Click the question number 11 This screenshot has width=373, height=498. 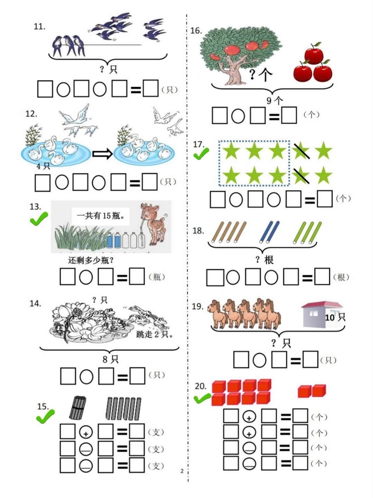coord(39,27)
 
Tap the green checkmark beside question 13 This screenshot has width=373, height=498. coord(39,218)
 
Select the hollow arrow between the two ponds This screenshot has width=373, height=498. coord(102,154)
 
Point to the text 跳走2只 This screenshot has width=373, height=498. coord(155,335)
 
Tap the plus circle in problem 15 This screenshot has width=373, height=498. coord(86,432)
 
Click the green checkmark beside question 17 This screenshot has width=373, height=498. coord(201,153)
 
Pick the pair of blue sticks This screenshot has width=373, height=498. coord(269,232)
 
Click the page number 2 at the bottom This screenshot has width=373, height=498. coord(182,471)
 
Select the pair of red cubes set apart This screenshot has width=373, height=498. coord(312,391)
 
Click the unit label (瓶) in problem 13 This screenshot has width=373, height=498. coord(157,277)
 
